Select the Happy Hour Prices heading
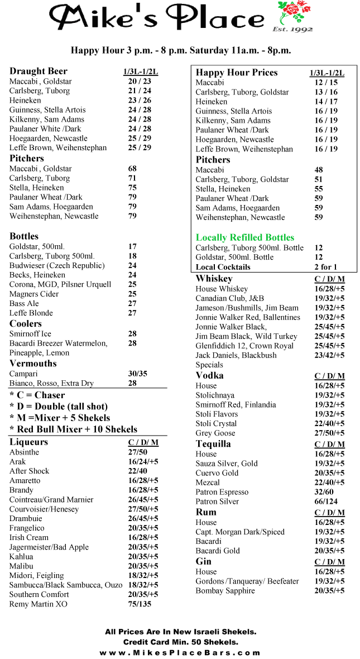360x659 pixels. pos(236,73)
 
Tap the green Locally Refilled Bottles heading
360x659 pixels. pos(244,237)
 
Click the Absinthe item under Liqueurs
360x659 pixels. pos(24,452)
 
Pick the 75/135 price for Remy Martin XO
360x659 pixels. pos(140,604)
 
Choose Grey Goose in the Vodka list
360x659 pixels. pos(215,433)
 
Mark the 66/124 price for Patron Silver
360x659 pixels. pos(326,502)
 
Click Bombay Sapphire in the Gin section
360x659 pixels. pos(225,591)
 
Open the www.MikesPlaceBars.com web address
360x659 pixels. pos(180,652)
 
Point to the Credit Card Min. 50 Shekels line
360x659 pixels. pos(180,642)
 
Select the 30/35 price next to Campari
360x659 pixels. pos(138,374)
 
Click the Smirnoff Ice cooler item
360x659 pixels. pos(30,334)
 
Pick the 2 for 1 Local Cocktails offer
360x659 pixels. pos(325,267)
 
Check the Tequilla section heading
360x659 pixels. pos(213,444)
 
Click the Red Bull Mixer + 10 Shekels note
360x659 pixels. pos(73,429)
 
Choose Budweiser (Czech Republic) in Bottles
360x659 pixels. pos(57,265)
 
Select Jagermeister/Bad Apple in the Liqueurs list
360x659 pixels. pos(49,547)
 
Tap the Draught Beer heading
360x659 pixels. pos(38,71)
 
